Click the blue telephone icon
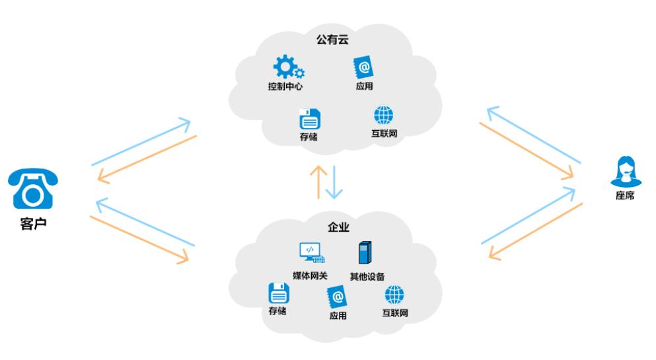pyautogui.click(x=32, y=188)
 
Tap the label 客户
pyautogui.click(x=34, y=224)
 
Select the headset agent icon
pyautogui.click(x=626, y=172)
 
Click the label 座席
pyautogui.click(x=625, y=196)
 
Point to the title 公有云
pyautogui.click(x=332, y=40)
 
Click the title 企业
pyautogui.click(x=338, y=227)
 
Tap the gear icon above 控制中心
pyautogui.click(x=288, y=67)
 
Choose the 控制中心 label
pyautogui.click(x=285, y=86)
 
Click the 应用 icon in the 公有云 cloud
pyautogui.click(x=363, y=67)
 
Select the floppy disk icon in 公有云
pyautogui.click(x=310, y=119)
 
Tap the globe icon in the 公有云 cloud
pyautogui.click(x=384, y=116)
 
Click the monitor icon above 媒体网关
pyautogui.click(x=312, y=252)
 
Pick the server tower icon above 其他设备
pyautogui.click(x=365, y=252)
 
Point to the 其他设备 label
pyautogui.click(x=367, y=276)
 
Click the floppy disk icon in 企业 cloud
pyautogui.click(x=279, y=293)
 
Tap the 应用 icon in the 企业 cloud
pyautogui.click(x=337, y=297)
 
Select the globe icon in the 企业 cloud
pyautogui.click(x=394, y=295)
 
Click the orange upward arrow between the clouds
pyautogui.click(x=319, y=182)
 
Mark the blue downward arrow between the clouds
pyautogui.click(x=334, y=182)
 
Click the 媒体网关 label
pyautogui.click(x=310, y=275)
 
